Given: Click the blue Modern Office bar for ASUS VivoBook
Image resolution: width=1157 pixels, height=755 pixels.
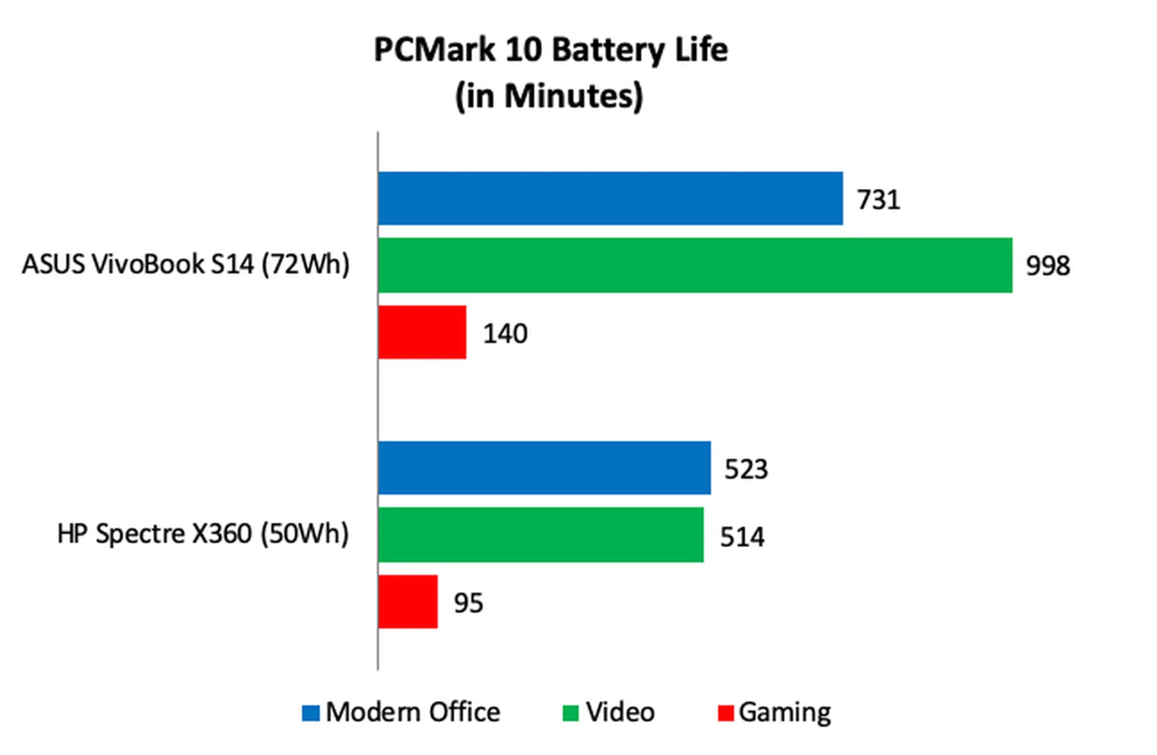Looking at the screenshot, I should click(610, 198).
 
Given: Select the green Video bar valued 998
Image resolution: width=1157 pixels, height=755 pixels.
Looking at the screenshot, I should click(695, 265).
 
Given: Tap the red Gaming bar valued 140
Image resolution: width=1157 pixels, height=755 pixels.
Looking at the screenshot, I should click(422, 332).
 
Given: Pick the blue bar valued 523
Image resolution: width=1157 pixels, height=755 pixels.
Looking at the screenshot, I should click(544, 468).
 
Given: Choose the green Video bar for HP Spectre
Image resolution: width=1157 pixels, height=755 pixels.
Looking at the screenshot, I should click(541, 535).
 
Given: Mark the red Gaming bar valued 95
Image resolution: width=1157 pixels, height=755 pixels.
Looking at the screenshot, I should click(408, 601).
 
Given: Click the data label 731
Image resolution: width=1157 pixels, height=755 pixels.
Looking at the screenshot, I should click(878, 200).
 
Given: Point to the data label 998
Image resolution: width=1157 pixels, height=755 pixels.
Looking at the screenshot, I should click(1048, 266).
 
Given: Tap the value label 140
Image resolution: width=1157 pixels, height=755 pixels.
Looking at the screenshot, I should click(505, 334).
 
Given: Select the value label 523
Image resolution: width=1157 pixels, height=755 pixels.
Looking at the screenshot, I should click(746, 469).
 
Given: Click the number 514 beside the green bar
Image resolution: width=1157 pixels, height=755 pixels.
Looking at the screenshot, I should click(742, 537).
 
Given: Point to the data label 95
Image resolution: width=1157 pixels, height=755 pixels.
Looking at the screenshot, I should click(468, 603).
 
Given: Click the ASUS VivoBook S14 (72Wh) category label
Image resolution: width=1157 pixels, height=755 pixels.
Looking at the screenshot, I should click(186, 265).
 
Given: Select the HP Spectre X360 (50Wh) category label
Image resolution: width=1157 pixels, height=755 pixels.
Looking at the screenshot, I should click(202, 534).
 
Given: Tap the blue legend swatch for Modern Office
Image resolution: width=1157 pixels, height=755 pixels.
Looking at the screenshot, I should click(310, 713).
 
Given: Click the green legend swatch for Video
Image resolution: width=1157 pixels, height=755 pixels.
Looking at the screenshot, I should click(570, 713).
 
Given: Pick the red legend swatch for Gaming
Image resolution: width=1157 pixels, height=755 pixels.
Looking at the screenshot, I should click(726, 713).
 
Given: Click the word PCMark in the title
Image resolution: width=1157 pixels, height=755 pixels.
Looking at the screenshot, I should click(434, 49).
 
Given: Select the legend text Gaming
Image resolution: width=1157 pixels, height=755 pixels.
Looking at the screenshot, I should click(785, 713).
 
